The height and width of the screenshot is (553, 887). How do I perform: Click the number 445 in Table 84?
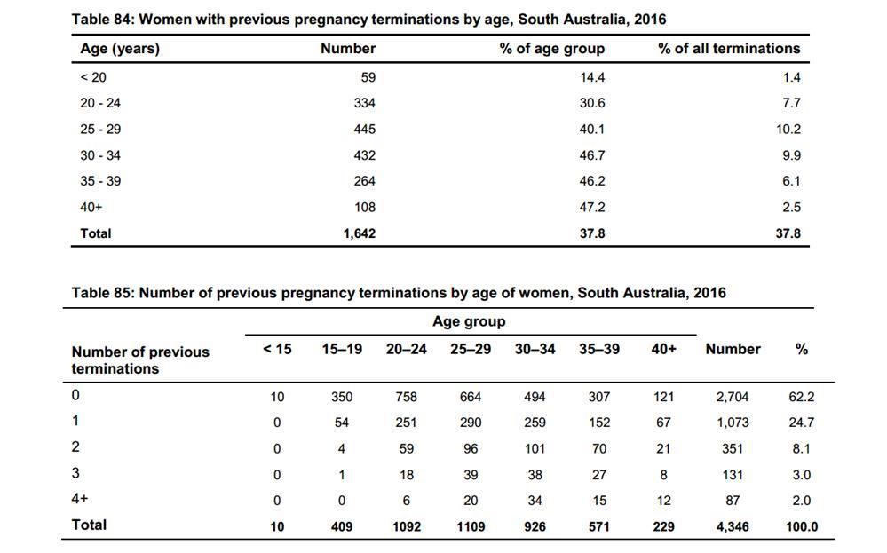click(364, 130)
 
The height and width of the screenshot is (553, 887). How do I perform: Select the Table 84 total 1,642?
click(360, 233)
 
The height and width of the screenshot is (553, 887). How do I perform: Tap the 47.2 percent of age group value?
click(591, 208)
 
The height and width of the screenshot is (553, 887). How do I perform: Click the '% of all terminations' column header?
click(729, 49)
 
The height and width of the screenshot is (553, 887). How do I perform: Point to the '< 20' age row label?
click(93, 77)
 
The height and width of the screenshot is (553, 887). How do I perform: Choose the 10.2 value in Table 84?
click(788, 130)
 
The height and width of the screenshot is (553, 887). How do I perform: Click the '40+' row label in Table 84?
click(91, 208)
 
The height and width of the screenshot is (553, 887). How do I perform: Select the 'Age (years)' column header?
click(120, 49)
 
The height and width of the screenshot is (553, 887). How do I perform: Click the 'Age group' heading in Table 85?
click(469, 321)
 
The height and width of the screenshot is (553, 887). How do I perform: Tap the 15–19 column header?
click(342, 350)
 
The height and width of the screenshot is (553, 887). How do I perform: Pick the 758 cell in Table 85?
click(406, 397)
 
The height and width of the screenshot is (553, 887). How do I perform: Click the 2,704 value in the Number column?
click(732, 397)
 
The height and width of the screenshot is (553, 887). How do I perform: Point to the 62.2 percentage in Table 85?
click(802, 397)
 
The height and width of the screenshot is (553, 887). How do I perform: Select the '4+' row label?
click(80, 499)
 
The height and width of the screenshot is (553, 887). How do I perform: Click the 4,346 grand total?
click(732, 527)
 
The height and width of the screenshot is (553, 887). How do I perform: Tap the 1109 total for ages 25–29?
click(471, 527)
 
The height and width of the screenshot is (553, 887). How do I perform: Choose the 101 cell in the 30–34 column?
click(535, 449)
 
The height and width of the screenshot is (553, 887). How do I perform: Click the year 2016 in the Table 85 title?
click(709, 293)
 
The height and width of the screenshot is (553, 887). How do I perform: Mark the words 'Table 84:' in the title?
click(103, 20)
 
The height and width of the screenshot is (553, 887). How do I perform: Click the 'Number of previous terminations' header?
click(140, 360)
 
